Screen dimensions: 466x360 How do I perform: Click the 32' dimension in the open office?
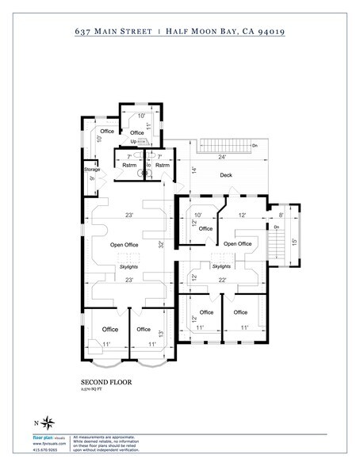pos(160,245)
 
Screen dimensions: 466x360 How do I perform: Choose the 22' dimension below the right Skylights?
pos(224,279)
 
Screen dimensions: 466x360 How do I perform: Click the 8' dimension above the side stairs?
pos(280,214)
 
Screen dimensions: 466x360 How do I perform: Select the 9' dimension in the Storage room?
pos(92,179)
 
